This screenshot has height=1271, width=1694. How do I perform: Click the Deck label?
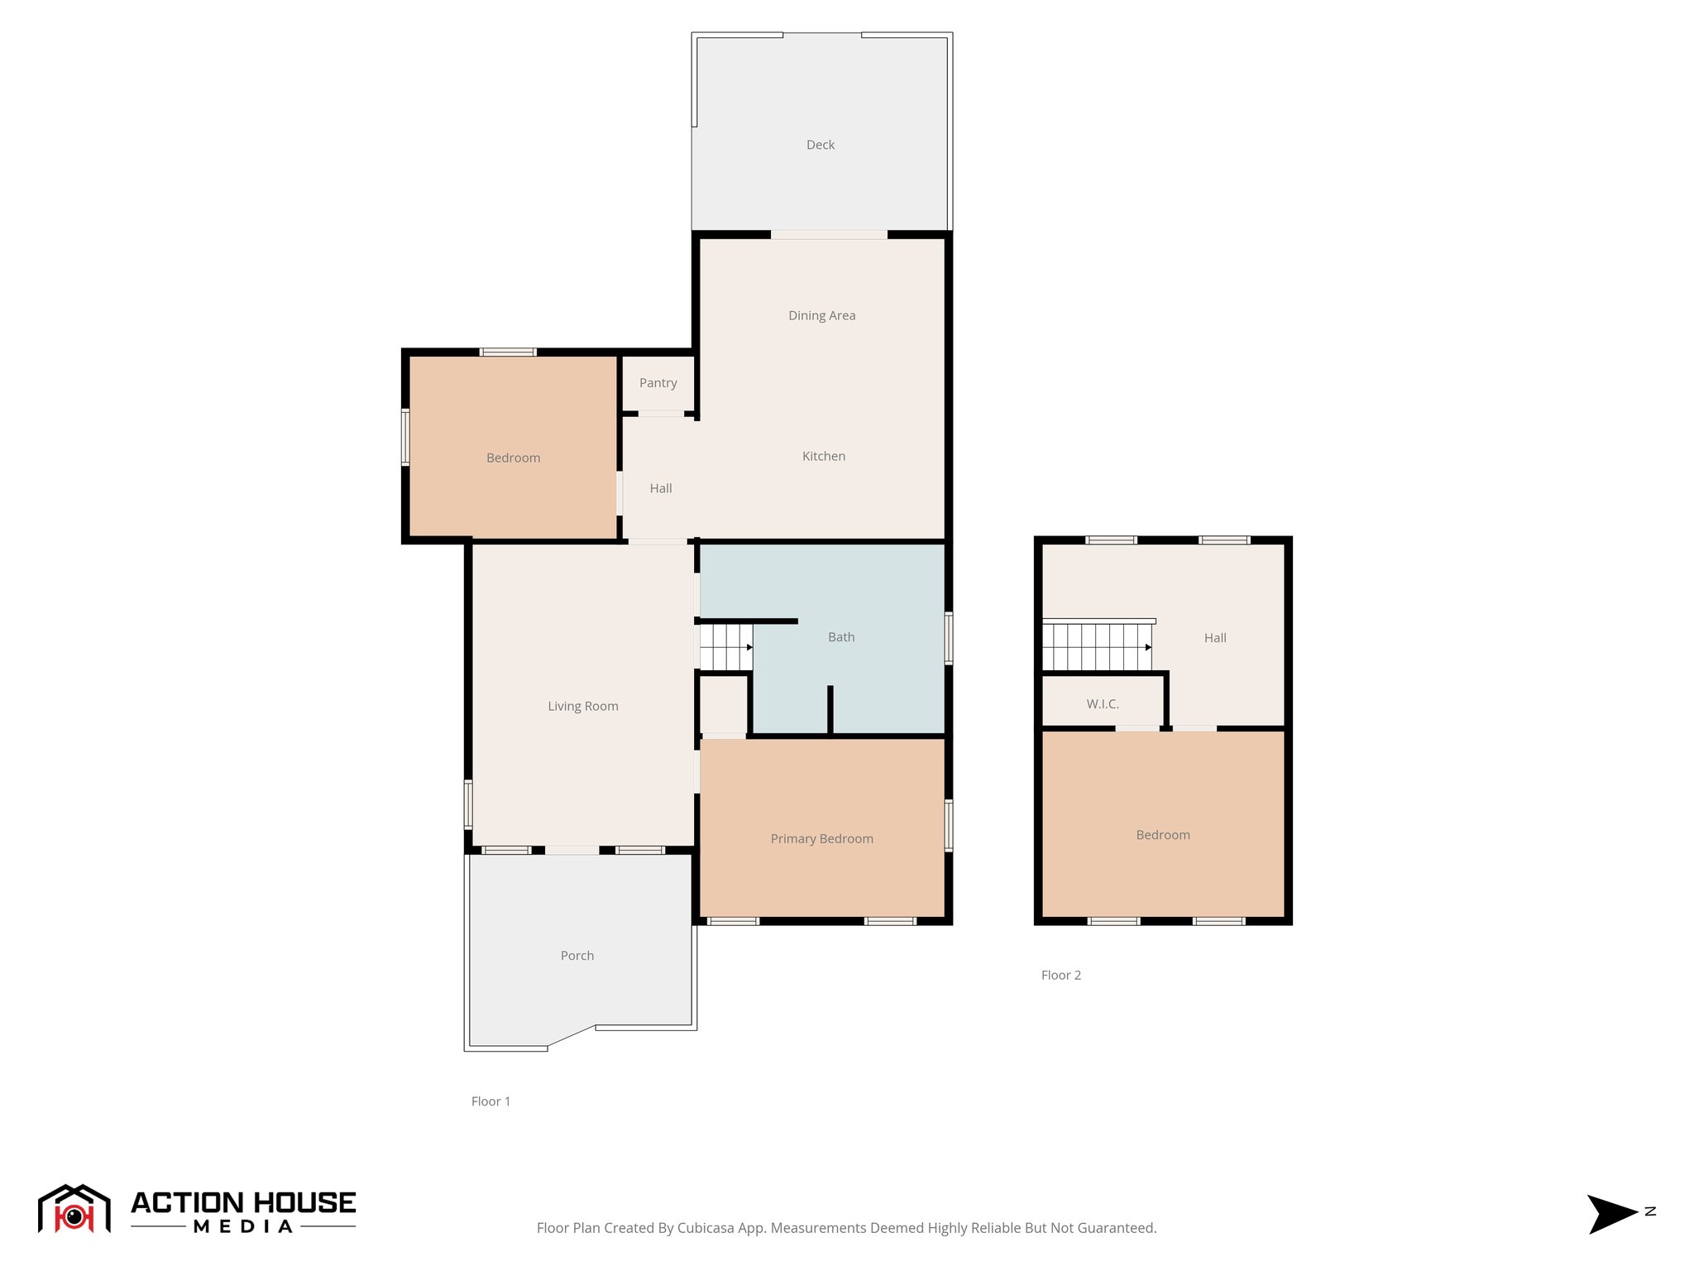[x=820, y=145]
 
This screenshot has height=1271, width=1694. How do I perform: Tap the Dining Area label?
[x=821, y=315]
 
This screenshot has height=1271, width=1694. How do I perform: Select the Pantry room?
[x=658, y=383]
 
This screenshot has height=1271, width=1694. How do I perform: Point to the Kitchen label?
[x=823, y=456]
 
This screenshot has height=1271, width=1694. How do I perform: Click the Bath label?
[x=840, y=637]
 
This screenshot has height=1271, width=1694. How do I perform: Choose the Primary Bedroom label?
[x=821, y=839]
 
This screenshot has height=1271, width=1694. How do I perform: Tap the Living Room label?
[x=582, y=707]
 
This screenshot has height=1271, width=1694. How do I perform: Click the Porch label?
[x=577, y=956]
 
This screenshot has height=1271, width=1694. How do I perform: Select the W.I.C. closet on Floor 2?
[x=1102, y=704]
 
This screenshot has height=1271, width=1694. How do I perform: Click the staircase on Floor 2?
[x=1096, y=647]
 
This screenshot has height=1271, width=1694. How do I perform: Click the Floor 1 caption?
[x=490, y=1101]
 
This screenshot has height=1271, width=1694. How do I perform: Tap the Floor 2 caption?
[x=1060, y=976]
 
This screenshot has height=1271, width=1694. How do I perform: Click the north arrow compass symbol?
[x=1610, y=1214]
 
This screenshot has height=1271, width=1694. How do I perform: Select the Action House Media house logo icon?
[x=74, y=1209]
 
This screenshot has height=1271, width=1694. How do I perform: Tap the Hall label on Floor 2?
[x=1214, y=638]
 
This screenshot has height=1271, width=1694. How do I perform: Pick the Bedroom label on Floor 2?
[x=1162, y=835]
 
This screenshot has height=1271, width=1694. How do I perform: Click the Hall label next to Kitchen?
[x=660, y=489]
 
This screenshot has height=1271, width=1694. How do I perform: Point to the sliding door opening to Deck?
[x=829, y=235]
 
